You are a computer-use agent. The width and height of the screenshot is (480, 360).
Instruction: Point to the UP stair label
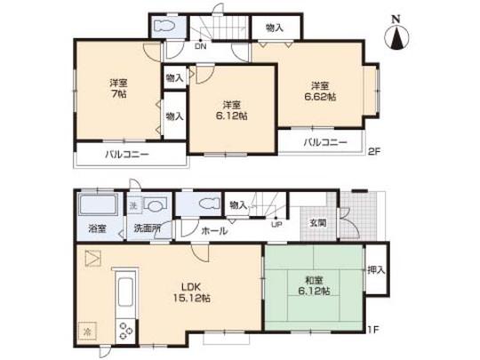coord(277,224)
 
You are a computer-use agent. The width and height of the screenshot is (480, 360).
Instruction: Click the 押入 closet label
coord(376,270)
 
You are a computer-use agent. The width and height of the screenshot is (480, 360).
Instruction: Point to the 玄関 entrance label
coord(316,223)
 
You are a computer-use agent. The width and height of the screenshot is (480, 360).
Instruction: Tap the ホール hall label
coord(214,230)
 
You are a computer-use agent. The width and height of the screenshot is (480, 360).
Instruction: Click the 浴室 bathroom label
coord(97,228)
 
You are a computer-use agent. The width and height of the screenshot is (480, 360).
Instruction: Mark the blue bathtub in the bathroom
coord(97,207)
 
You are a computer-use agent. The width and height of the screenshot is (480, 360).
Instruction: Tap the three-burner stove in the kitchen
coord(124,331)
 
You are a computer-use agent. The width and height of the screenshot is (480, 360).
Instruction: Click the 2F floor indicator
coord(374,152)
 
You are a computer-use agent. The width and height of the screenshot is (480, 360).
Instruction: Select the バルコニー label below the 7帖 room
coord(128,154)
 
